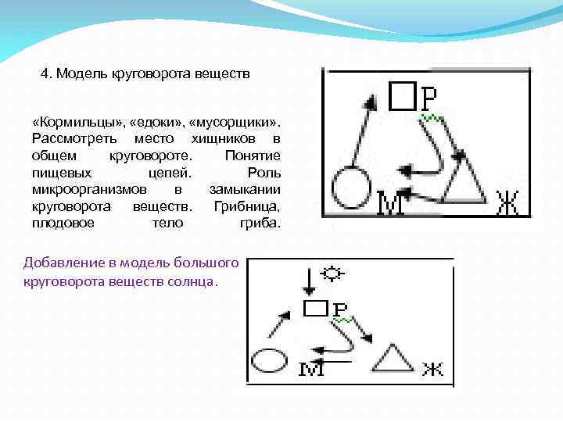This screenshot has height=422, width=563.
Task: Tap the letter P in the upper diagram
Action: tap(429, 98)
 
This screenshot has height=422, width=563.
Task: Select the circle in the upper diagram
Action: tap(350, 188)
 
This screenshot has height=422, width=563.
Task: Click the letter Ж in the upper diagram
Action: tap(507, 205)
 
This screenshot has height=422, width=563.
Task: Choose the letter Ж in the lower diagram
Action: tap(432, 369)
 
